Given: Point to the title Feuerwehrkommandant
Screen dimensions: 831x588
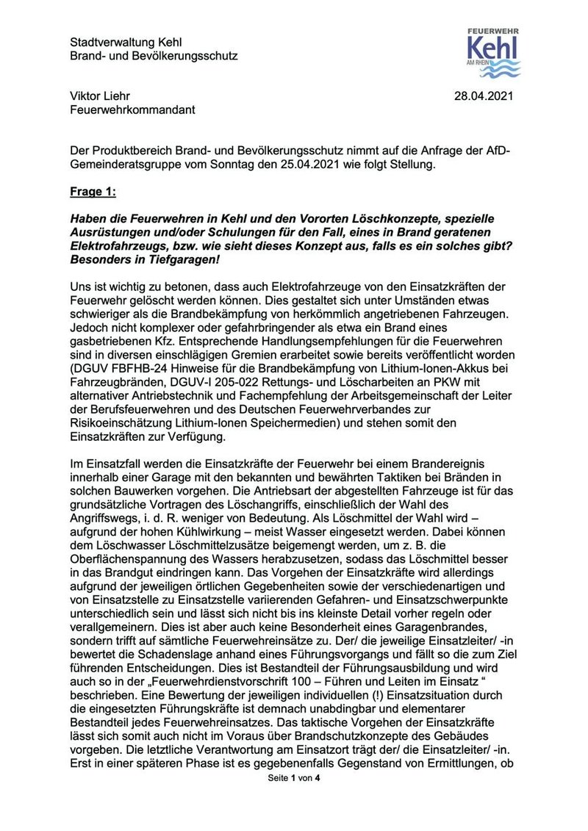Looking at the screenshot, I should point(132,110).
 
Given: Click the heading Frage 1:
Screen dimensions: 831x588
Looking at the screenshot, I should point(93,193).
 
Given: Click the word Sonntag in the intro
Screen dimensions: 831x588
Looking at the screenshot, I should point(215,165).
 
